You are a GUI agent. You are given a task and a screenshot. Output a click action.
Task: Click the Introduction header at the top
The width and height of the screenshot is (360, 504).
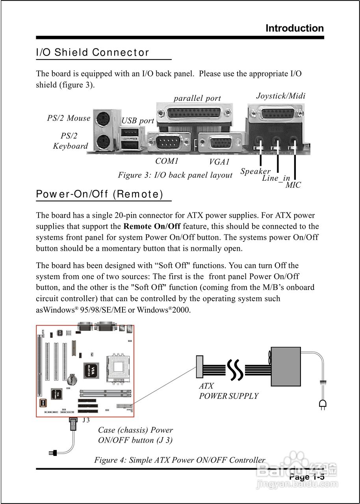click(x=295, y=28)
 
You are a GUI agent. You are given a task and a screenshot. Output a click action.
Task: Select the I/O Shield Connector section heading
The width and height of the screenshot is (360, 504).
click(x=93, y=52)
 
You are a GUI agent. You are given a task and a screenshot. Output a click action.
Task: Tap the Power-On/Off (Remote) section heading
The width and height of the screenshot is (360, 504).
click(x=99, y=194)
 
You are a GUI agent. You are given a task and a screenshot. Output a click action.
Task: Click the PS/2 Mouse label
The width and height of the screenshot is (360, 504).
click(x=69, y=118)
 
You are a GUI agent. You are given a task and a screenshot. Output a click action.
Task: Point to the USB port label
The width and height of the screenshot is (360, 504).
click(x=137, y=121)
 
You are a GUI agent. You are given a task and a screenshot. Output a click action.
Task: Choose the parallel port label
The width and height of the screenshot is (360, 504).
click(x=197, y=98)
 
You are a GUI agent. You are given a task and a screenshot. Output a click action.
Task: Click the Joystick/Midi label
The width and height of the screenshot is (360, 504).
click(x=280, y=96)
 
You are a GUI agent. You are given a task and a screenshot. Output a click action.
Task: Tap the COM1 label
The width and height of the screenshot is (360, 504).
click(x=167, y=161)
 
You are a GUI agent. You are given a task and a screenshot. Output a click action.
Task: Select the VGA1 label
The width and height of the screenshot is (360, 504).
click(x=219, y=162)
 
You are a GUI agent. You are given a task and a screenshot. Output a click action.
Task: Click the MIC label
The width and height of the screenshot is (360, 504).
click(x=293, y=185)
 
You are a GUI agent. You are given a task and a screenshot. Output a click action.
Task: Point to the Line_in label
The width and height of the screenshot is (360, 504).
click(x=276, y=178)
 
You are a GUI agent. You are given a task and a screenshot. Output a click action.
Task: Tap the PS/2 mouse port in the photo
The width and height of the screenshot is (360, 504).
click(x=103, y=118)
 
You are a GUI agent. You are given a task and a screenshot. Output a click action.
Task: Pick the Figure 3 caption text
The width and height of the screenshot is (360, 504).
click(x=175, y=175)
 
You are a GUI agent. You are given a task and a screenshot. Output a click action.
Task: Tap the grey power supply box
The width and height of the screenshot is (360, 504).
click(x=286, y=367)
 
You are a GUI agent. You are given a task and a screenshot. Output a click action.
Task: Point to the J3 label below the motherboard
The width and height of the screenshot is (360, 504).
click(x=86, y=420)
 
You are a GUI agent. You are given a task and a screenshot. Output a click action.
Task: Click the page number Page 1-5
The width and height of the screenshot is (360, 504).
click(x=307, y=477)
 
